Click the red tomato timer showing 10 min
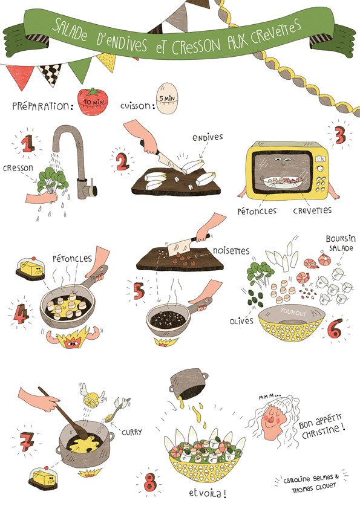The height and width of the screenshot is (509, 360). click(93, 102)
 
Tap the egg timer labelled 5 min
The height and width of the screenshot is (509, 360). click(167, 98)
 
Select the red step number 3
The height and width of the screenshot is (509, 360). click(340, 135)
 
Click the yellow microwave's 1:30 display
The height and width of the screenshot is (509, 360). click(320, 159)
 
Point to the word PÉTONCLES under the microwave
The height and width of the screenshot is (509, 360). click(257, 211)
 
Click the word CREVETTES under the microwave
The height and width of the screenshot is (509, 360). click(312, 210)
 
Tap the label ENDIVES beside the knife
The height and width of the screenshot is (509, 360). click(208, 137)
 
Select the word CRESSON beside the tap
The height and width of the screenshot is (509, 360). click(18, 168)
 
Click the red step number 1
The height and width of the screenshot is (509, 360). click(28, 143)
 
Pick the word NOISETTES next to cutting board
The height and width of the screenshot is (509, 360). click(231, 251)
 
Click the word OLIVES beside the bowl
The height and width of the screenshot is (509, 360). click(241, 322)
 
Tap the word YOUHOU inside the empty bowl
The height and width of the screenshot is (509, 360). click(293, 313)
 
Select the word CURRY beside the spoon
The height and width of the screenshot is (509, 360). click(131, 432)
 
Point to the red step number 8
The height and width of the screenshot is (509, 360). click(150, 483)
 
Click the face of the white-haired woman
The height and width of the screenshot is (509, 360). click(271, 421)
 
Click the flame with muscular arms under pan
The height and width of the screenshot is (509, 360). click(73, 337)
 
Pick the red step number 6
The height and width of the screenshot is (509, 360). click(335, 328)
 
